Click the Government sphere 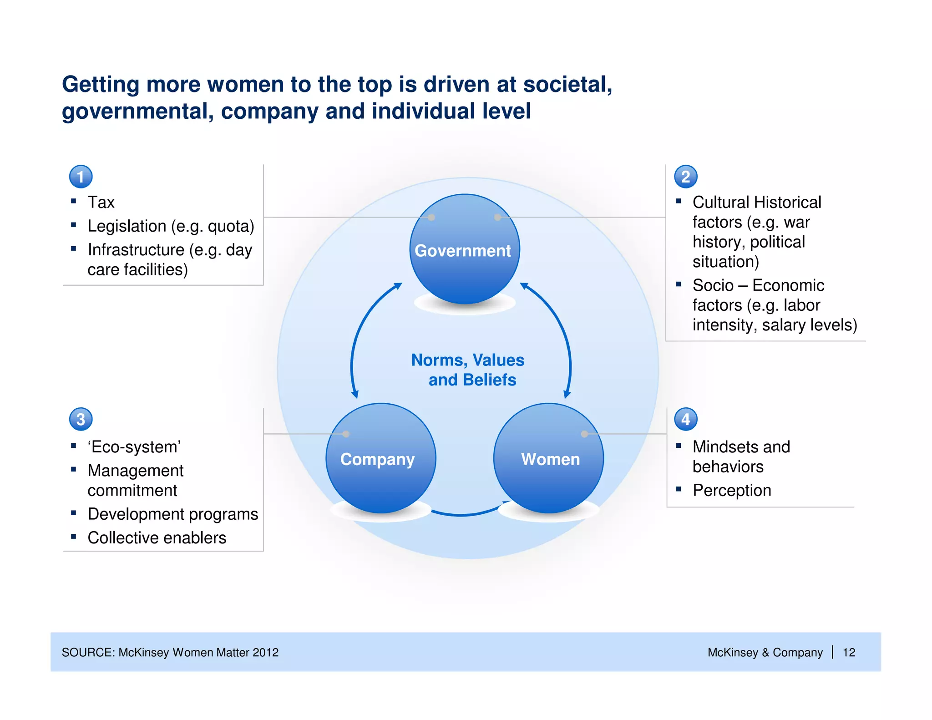click(464, 249)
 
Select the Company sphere click(380, 458)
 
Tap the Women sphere click(549, 458)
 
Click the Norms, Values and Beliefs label click(469, 370)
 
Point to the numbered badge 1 click(81, 177)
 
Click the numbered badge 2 click(685, 177)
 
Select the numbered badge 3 click(81, 419)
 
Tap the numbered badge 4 click(685, 419)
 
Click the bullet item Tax click(101, 202)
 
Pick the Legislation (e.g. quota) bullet click(171, 226)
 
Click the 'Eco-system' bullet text click(134, 447)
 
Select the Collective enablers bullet click(157, 538)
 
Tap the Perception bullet click(731, 491)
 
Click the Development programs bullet click(172, 514)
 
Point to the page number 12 click(849, 652)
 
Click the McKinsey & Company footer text click(765, 652)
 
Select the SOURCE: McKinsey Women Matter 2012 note click(170, 652)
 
